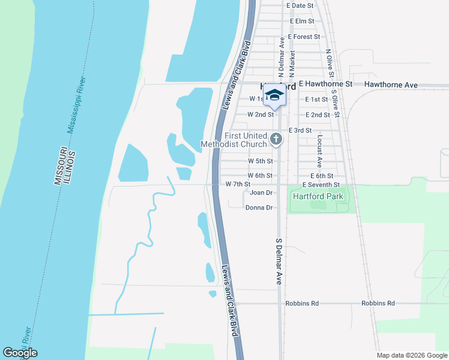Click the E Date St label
click(300, 5)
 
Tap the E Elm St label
click(301, 21)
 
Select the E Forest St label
click(304, 37)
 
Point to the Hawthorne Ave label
click(394, 85)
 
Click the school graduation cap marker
click(274, 95)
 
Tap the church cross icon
click(276, 140)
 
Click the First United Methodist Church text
click(234, 140)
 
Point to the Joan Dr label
click(261, 193)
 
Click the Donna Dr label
click(259, 208)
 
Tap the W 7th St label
click(238, 184)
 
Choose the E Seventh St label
click(321, 184)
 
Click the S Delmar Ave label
click(279, 261)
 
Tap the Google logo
click(20, 353)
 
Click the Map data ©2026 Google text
click(411, 355)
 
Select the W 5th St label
click(261, 161)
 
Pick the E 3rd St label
click(300, 130)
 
